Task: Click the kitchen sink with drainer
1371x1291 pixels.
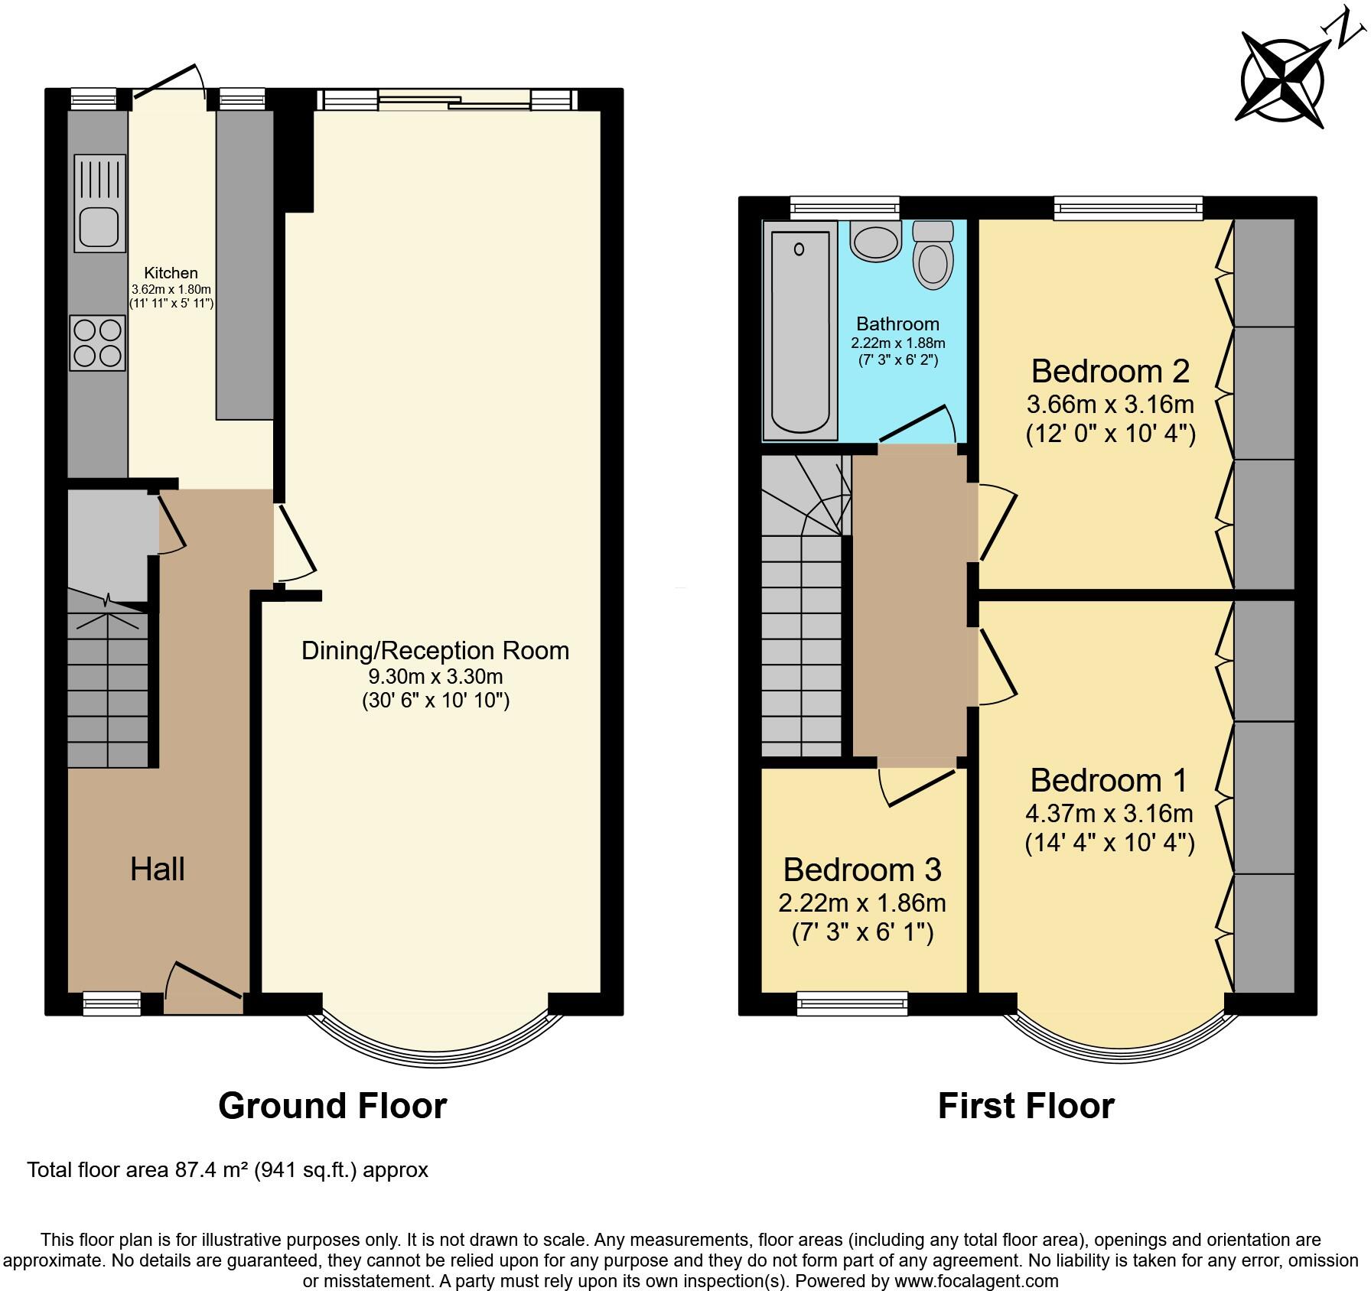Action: click(x=99, y=203)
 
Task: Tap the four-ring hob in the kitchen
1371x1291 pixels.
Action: click(x=97, y=343)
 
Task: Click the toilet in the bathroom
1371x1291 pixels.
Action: click(x=933, y=255)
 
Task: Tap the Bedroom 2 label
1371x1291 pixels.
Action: click(x=1109, y=371)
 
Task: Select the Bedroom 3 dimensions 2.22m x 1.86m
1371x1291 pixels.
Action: click(x=862, y=903)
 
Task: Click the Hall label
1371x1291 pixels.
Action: click(x=157, y=870)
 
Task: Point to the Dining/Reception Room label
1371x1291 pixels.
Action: click(x=435, y=651)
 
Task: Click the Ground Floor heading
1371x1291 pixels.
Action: click(x=332, y=1106)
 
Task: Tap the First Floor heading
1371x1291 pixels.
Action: click(x=1025, y=1106)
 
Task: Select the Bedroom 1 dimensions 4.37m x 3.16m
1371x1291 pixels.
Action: click(x=1109, y=813)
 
